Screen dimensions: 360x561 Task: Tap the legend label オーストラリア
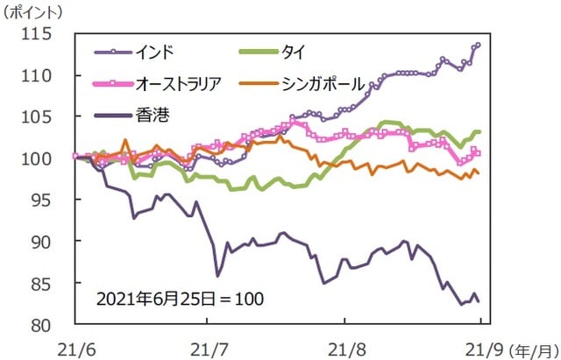(x=179, y=83)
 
